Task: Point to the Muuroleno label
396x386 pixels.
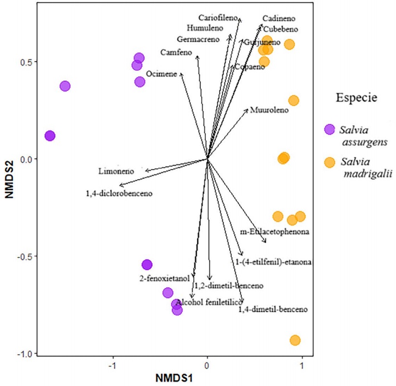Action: tap(269, 110)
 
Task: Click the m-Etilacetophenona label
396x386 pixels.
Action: tap(274, 232)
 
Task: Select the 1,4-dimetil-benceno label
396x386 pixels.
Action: tap(273, 309)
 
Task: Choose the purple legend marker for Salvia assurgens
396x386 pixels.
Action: tap(329, 129)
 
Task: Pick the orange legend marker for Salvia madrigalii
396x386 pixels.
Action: tap(329, 162)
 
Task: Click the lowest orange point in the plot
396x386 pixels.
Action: tap(295, 340)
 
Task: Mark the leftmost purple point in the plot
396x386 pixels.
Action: tap(50, 136)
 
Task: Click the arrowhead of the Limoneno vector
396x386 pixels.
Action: tap(146, 171)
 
